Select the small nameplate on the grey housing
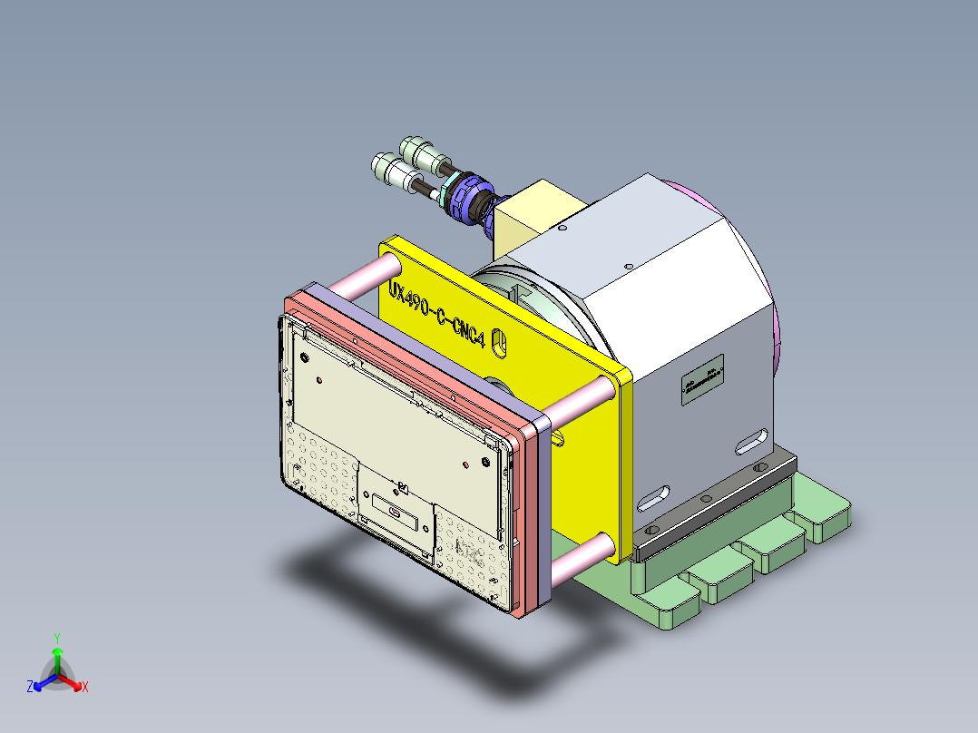click(x=703, y=382)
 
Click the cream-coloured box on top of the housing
click(x=535, y=214)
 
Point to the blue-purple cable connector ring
click(x=468, y=195)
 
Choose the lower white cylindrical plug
click(x=391, y=170)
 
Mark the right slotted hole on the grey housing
click(x=749, y=443)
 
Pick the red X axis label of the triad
click(x=84, y=688)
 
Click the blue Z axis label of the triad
click(x=30, y=688)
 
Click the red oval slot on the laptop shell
click(x=396, y=512)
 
